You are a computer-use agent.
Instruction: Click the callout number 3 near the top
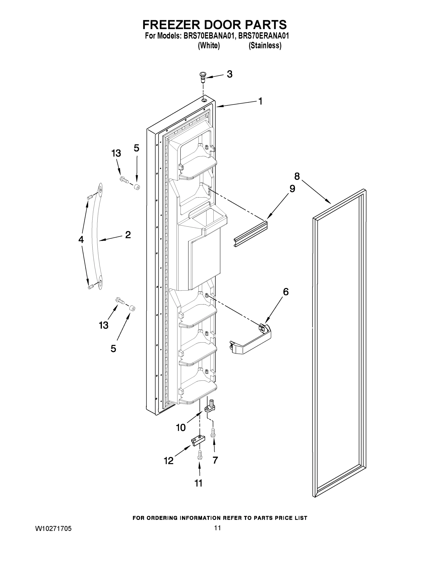click(x=230, y=74)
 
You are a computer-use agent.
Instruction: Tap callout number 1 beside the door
click(x=260, y=101)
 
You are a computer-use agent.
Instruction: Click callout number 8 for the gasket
click(x=297, y=176)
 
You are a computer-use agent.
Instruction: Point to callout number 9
click(x=292, y=189)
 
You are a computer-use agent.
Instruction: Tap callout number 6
click(x=286, y=292)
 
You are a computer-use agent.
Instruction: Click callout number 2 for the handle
click(x=128, y=234)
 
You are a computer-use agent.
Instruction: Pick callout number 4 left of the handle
click(x=81, y=240)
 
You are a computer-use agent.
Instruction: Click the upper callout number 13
click(x=116, y=153)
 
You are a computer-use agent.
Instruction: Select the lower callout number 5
click(x=113, y=349)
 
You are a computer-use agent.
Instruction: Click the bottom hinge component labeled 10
click(x=210, y=407)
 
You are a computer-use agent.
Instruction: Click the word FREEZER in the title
click(x=171, y=25)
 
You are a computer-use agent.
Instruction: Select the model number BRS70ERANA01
click(x=264, y=36)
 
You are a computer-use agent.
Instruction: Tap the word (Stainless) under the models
click(x=265, y=46)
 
